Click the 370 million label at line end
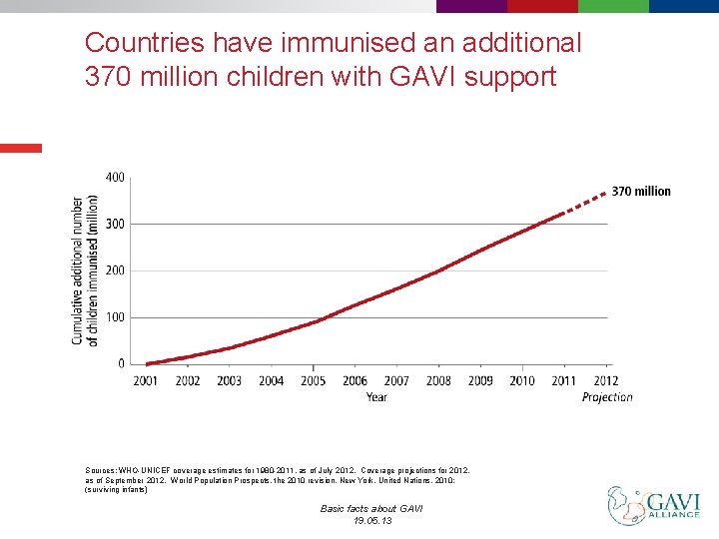point(640,191)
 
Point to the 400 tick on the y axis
point(115,178)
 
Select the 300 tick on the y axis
point(115,224)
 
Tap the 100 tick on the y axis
point(115,317)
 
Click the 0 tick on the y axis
point(120,363)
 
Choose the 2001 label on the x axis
point(146,380)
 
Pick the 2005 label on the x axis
point(313,380)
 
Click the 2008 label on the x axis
point(438,380)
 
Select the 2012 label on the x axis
point(606,380)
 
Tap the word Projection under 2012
point(607,397)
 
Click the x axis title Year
point(376,397)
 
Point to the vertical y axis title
point(85,270)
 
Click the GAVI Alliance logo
point(654,505)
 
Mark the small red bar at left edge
point(21,148)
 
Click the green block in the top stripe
point(613,6)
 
